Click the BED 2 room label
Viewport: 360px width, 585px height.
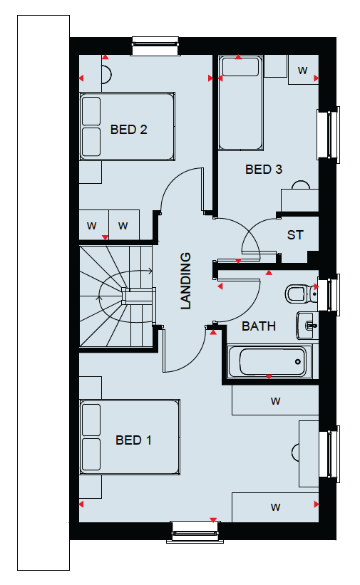click(x=128, y=130)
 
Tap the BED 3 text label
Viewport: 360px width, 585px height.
click(x=264, y=170)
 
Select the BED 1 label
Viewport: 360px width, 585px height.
click(x=133, y=440)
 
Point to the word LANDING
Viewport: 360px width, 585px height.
click(x=185, y=281)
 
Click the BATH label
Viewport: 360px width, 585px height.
click(x=259, y=326)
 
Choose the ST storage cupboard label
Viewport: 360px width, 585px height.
click(x=295, y=235)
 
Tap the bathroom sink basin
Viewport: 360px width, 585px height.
click(x=307, y=326)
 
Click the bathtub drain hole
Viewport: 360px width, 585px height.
click(x=298, y=361)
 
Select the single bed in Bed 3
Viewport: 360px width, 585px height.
click(x=240, y=103)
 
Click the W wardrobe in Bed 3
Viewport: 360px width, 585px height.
click(x=303, y=70)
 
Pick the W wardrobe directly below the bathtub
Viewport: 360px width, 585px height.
click(x=275, y=400)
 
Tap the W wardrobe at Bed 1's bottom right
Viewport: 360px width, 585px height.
click(x=275, y=507)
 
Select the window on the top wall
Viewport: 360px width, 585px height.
click(x=155, y=46)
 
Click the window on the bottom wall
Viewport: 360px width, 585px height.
click(x=195, y=532)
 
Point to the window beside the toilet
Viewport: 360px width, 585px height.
click(x=329, y=295)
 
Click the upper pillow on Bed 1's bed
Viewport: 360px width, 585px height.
click(x=91, y=420)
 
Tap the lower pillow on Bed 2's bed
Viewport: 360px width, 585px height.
click(x=91, y=142)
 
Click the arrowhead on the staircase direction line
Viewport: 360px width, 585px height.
click(x=150, y=271)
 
